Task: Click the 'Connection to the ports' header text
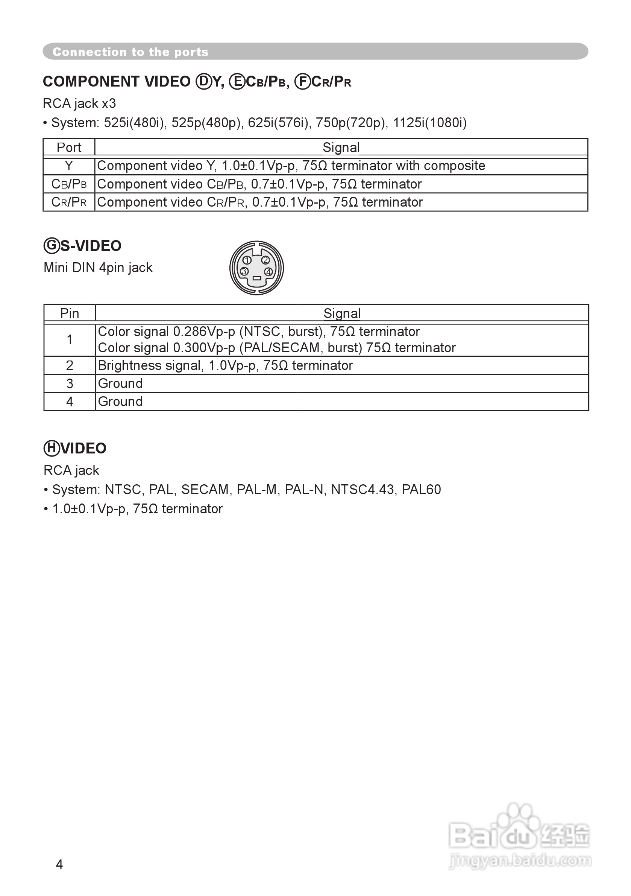(x=130, y=52)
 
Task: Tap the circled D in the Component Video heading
(x=203, y=82)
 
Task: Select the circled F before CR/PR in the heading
(x=302, y=82)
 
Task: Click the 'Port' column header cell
(x=69, y=148)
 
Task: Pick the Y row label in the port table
(x=69, y=166)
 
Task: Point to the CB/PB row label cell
(x=69, y=184)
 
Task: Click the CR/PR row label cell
(x=69, y=202)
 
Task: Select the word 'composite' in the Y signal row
(x=454, y=166)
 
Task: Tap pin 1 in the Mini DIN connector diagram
(x=247, y=260)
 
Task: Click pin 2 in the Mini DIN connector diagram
(x=265, y=260)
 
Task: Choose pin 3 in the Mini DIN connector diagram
(x=244, y=271)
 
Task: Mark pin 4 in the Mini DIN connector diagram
(x=268, y=272)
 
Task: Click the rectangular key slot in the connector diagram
(x=256, y=278)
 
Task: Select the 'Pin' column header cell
(x=70, y=313)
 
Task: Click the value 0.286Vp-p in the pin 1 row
(x=204, y=332)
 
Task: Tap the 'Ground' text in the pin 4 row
(x=120, y=402)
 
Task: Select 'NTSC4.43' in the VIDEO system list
(x=362, y=489)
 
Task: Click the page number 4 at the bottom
(x=59, y=864)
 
